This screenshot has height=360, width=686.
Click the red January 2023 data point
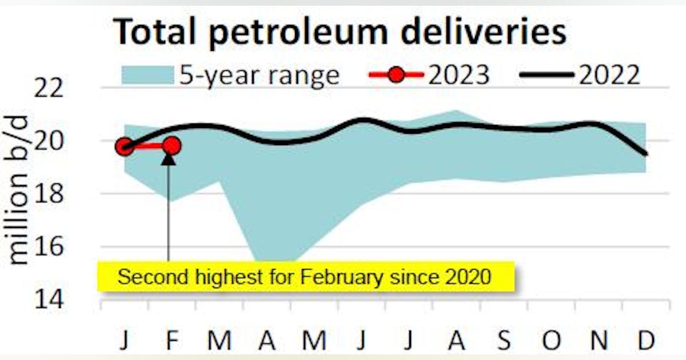pos(125,147)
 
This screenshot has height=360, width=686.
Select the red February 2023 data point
pos(171,146)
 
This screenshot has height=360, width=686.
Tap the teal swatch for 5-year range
pos(147,75)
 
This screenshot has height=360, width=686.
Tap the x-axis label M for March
pos(220,342)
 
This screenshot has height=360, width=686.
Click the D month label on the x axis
pos(646,342)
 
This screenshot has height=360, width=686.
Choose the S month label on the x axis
pos(504,342)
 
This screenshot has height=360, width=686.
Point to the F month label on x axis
pos(172,342)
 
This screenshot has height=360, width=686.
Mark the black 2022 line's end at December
pos(646,154)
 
